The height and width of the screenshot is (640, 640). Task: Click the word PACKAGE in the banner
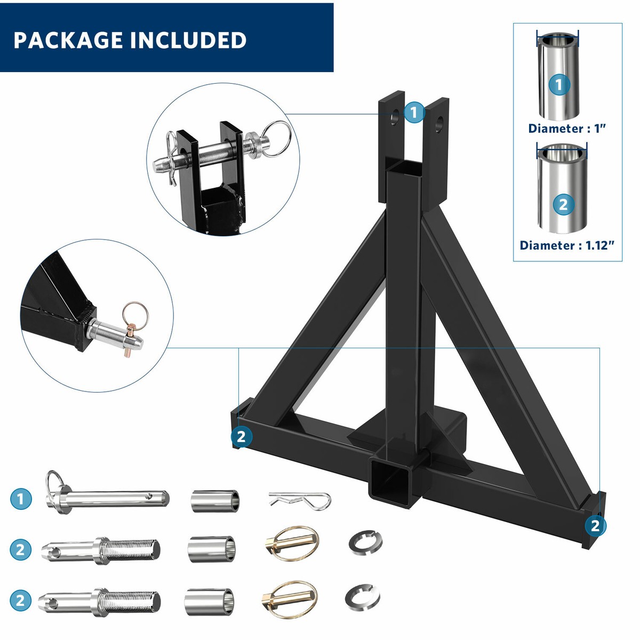(68, 41)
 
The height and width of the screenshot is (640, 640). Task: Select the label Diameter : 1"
(567, 129)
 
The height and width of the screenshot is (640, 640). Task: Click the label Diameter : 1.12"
(567, 245)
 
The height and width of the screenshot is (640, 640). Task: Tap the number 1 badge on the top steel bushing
(559, 84)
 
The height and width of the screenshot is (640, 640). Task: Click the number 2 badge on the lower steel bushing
(563, 204)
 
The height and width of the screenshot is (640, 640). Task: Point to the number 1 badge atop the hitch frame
(414, 113)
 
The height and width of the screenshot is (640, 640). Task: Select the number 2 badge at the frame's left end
(241, 437)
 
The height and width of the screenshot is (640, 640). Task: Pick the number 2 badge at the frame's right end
(595, 526)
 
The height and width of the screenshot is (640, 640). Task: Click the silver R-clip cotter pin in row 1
(299, 500)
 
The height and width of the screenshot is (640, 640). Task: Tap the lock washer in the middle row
(365, 543)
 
